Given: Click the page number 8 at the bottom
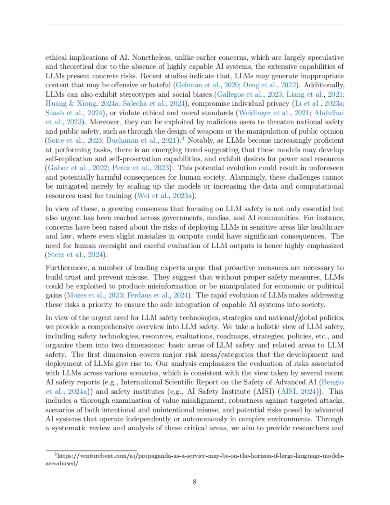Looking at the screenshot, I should click(194, 482).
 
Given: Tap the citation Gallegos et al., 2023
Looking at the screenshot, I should click(250, 95).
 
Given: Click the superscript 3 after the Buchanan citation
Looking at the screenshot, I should click(183, 139).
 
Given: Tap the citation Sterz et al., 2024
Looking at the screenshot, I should click(75, 255).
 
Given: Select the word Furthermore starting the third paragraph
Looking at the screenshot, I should click(66, 268).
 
